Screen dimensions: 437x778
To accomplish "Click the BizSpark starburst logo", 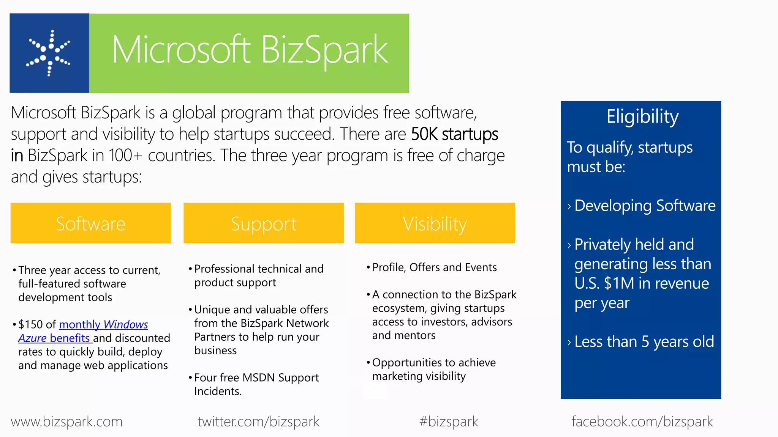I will pos(49,53).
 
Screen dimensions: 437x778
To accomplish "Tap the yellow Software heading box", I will pos(90,223).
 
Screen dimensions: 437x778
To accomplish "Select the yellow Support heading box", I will pos(264,223).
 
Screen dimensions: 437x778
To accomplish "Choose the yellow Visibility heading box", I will pos(435,223).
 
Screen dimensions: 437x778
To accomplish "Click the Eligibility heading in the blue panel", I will pos(642,116).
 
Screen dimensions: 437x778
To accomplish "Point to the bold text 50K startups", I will pos(454,134).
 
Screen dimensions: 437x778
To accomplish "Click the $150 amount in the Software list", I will pos(30,325).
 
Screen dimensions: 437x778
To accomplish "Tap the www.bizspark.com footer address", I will pos(67,421).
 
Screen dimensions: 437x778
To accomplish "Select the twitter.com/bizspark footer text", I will pos(258,421).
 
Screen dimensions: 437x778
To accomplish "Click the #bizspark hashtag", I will pos(449,421).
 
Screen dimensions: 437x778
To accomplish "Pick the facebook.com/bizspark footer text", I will pos(642,421).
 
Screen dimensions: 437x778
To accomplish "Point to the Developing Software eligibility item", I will pos(645,206).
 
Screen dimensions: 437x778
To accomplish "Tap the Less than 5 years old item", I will pos(644,342).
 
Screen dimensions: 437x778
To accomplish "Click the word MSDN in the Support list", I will pos(258,378).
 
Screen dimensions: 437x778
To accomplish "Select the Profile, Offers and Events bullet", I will pos(434,267).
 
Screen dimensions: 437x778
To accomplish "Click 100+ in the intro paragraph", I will pos(125,156).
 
